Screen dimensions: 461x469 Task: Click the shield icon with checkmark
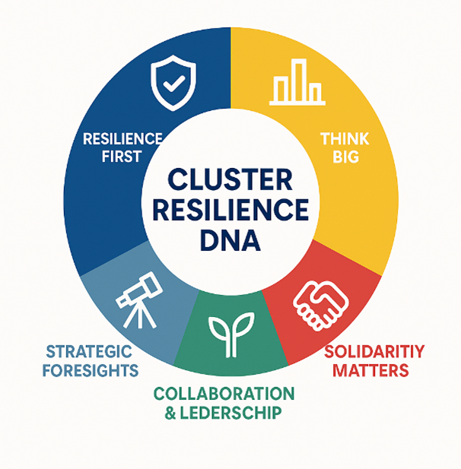[x=173, y=83]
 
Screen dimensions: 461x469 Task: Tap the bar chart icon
[x=297, y=82]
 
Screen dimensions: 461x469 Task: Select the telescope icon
[x=139, y=300]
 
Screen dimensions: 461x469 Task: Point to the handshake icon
[x=321, y=305]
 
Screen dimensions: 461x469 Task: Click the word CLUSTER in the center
[x=230, y=179]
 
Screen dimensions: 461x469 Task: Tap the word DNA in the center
[x=230, y=240]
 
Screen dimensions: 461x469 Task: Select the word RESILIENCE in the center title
[x=230, y=209]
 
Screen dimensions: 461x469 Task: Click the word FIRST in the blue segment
[x=122, y=157]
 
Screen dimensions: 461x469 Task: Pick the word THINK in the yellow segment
[x=345, y=139]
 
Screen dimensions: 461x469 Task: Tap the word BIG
[x=345, y=157]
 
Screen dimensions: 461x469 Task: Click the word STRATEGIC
[x=89, y=351]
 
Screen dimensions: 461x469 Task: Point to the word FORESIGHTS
[x=91, y=370]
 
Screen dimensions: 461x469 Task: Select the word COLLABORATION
[x=224, y=394]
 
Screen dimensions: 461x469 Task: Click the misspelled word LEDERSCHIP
[x=230, y=413]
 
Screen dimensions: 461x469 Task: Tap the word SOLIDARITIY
[x=374, y=351]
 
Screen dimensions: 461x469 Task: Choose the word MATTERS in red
[x=370, y=370]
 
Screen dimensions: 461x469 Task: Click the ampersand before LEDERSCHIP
[x=170, y=413]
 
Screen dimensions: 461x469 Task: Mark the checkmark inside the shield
[x=174, y=83]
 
